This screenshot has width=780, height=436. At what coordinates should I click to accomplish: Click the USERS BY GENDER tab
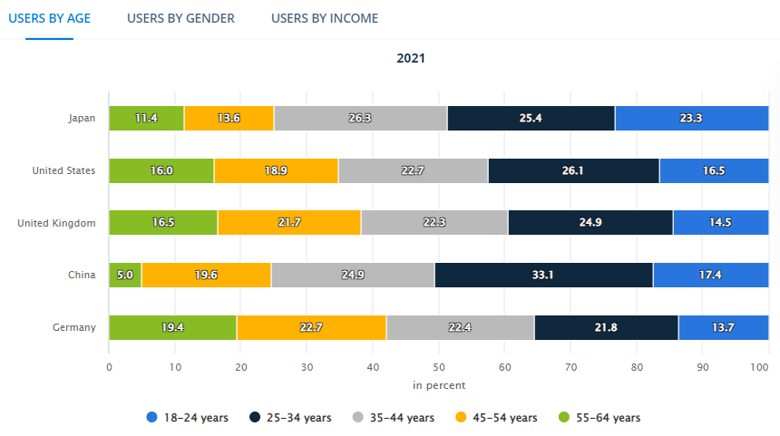click(x=180, y=18)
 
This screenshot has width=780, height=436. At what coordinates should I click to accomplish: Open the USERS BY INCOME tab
click(x=325, y=18)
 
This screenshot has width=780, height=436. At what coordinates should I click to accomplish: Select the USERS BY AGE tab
click(x=49, y=18)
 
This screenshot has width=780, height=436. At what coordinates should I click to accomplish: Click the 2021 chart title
click(x=411, y=58)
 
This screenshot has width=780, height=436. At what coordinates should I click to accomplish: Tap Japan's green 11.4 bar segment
click(x=146, y=118)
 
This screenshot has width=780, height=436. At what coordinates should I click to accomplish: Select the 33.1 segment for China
click(x=544, y=275)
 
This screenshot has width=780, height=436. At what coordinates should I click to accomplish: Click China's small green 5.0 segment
click(x=125, y=275)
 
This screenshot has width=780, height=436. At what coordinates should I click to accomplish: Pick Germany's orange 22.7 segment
click(x=311, y=327)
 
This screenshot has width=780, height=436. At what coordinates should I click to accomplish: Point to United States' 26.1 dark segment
click(x=573, y=170)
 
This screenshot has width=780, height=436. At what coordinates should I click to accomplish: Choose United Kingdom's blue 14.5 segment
click(x=721, y=223)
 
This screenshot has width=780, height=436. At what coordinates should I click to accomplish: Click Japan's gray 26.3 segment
click(x=360, y=118)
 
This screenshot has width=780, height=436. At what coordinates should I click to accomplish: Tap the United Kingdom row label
click(x=56, y=223)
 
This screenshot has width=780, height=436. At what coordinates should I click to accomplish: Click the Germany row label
click(x=74, y=327)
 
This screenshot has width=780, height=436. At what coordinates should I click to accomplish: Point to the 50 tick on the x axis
click(x=439, y=367)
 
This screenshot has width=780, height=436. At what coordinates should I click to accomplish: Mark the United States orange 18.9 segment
click(x=276, y=170)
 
